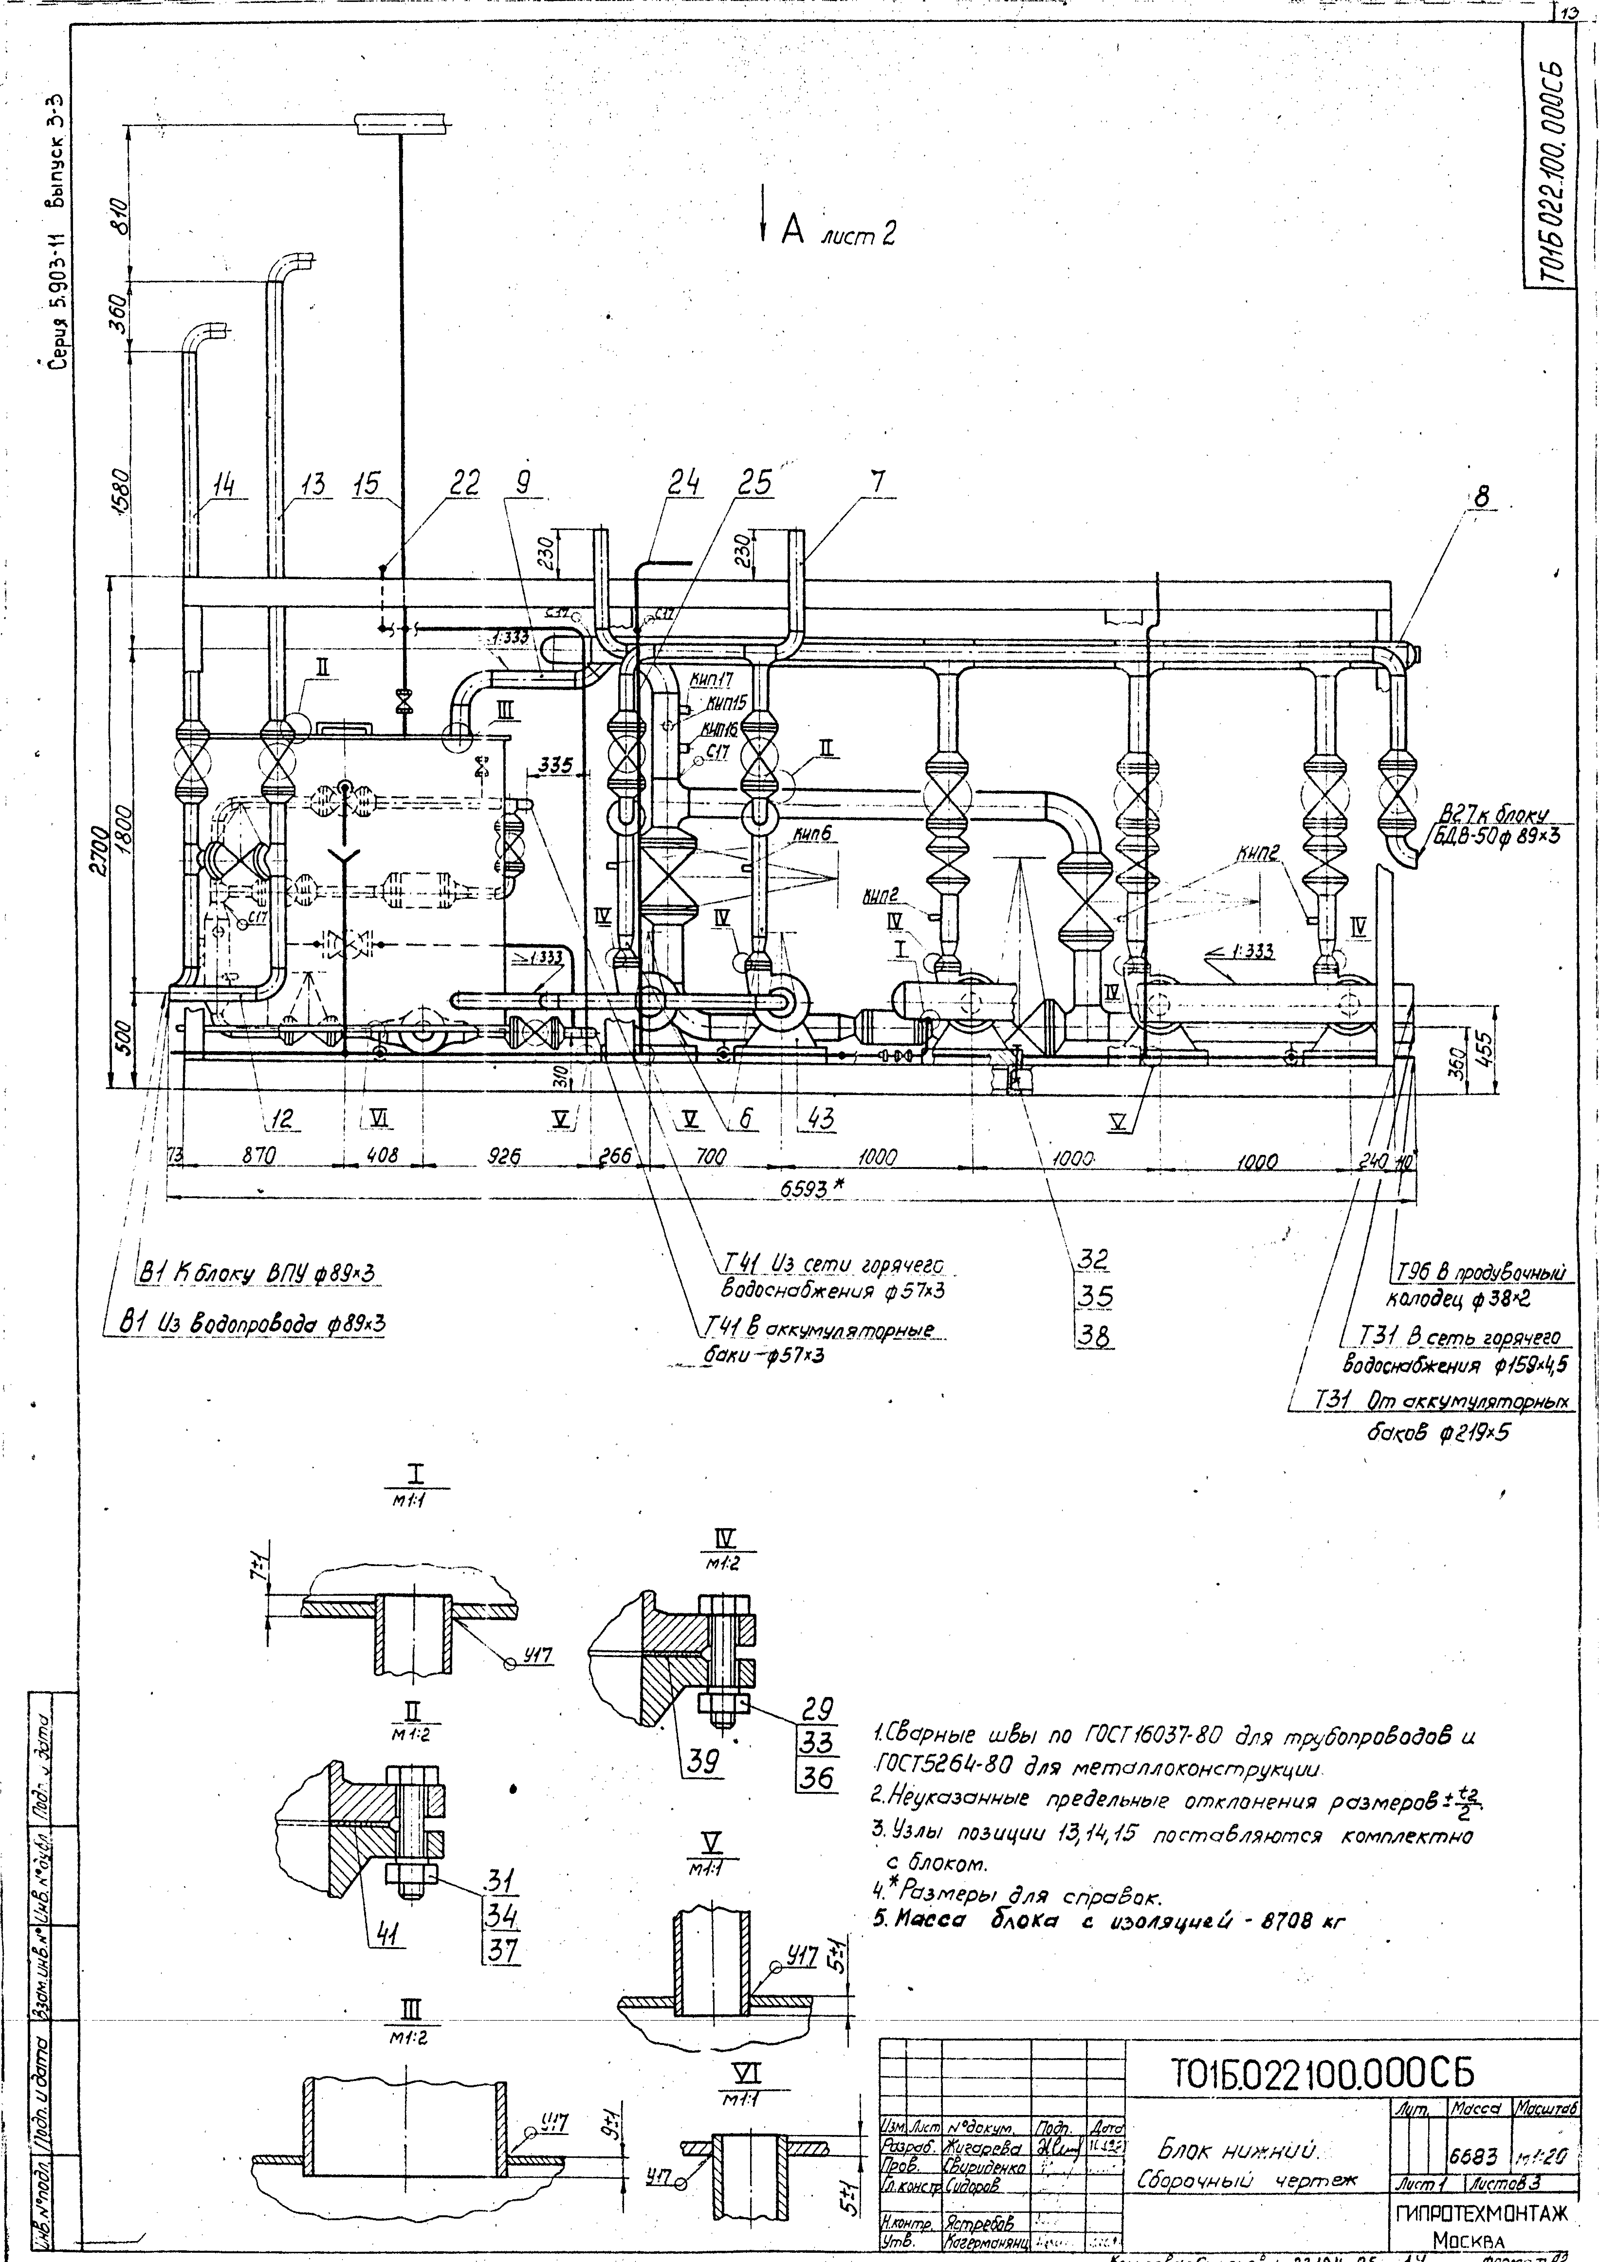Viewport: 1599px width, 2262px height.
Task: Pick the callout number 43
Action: [820, 1118]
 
